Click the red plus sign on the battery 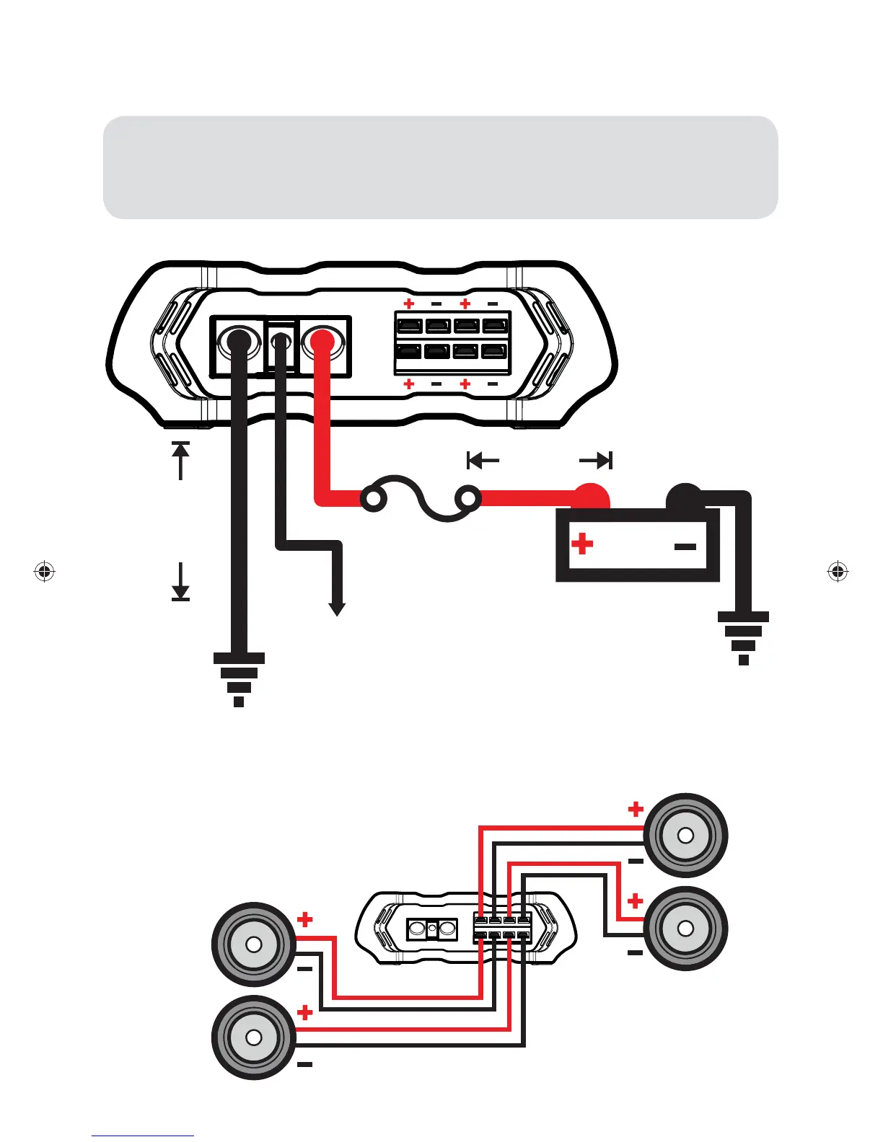[582, 544]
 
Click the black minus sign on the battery [685, 546]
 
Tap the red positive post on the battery [592, 497]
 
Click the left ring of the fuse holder [373, 499]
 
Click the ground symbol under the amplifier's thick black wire [239, 678]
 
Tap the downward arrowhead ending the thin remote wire [336, 608]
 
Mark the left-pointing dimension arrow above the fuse [483, 460]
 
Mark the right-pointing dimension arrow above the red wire [597, 460]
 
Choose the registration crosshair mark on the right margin [837, 572]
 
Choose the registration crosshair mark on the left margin [45, 572]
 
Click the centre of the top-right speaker [685, 836]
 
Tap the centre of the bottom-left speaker [253, 1037]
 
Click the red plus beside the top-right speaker [635, 809]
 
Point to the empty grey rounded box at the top [440, 167]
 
